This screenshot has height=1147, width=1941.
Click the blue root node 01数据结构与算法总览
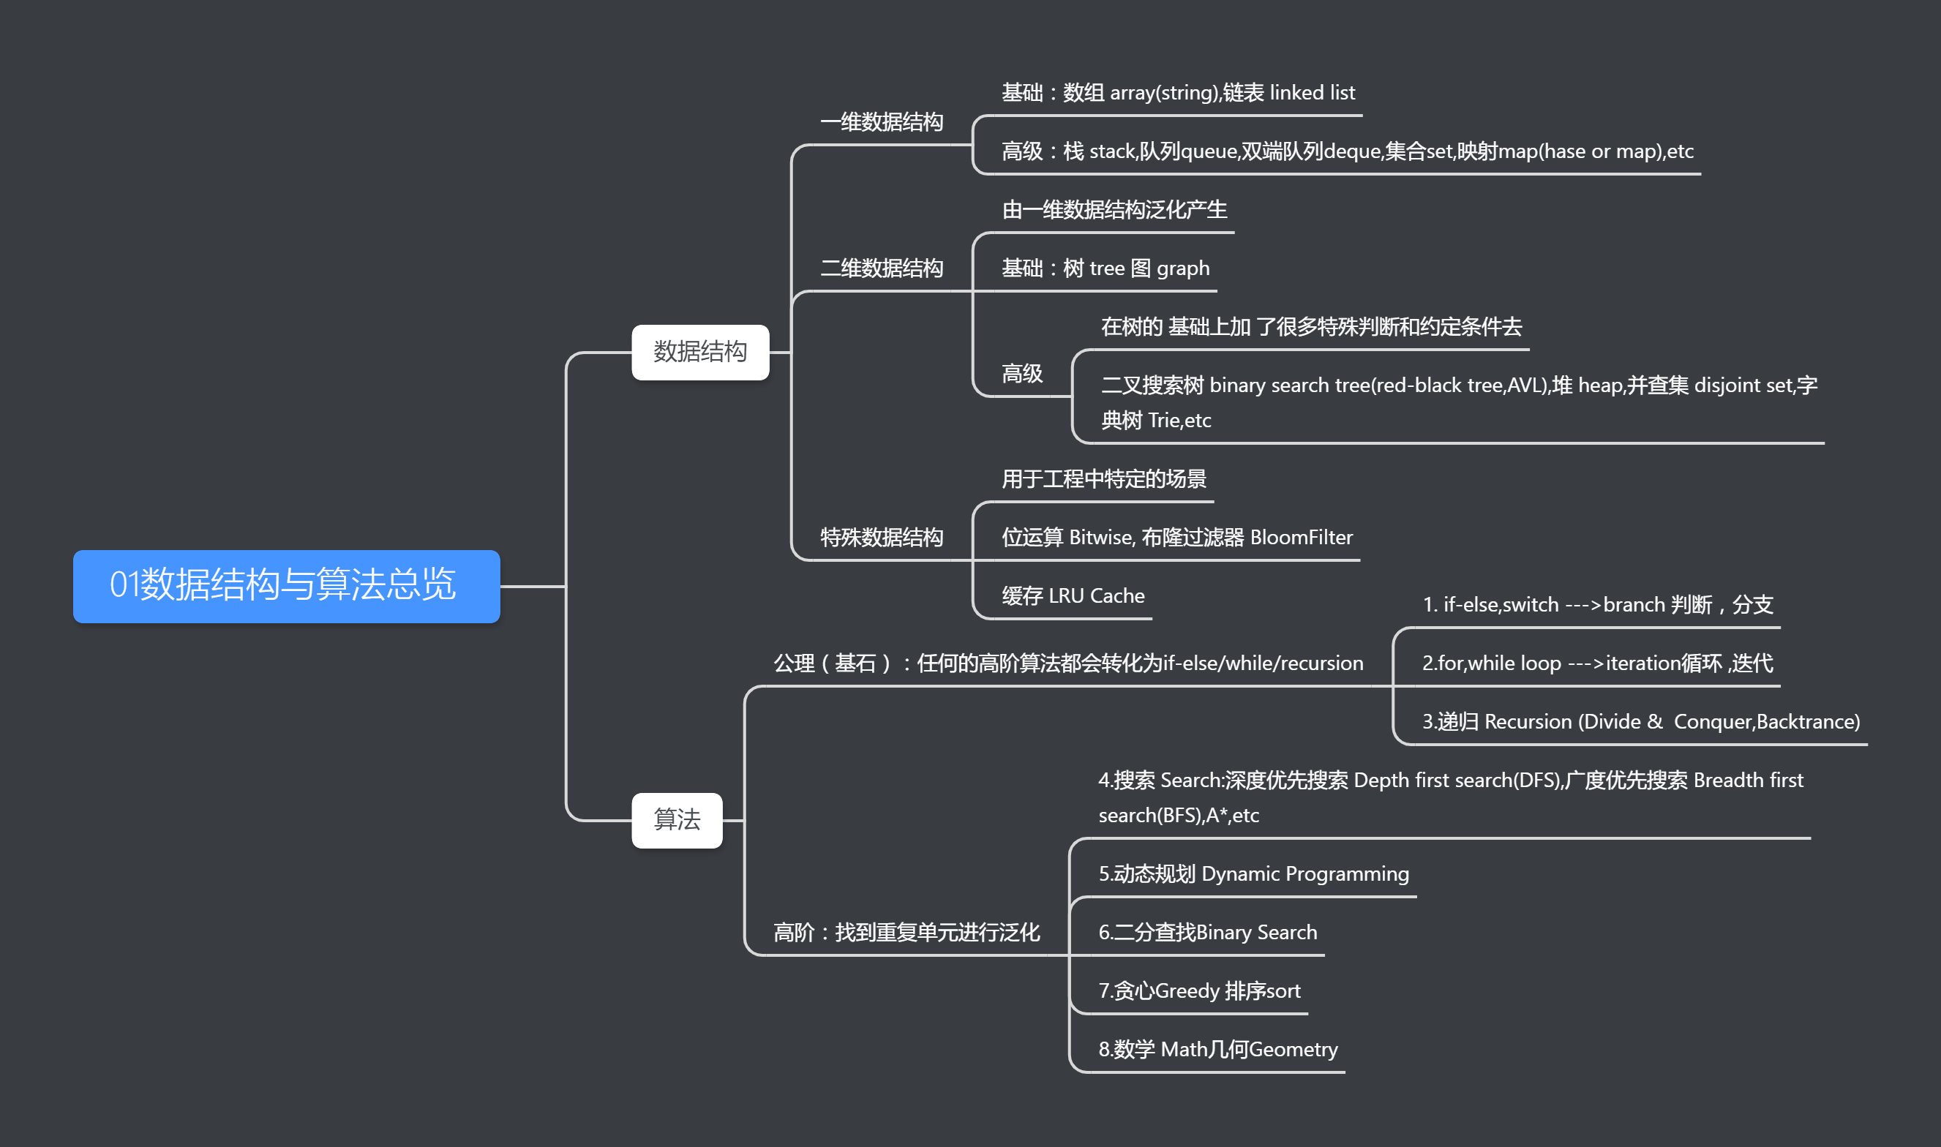(x=286, y=586)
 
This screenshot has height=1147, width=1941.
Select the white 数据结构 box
(x=699, y=353)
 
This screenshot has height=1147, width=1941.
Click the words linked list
(x=1312, y=93)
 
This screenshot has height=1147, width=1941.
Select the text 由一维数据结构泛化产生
(x=1114, y=209)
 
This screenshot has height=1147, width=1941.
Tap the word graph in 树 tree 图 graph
(x=1183, y=268)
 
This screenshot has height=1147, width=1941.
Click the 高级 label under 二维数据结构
(x=1022, y=374)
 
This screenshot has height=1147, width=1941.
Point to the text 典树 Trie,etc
(x=1156, y=421)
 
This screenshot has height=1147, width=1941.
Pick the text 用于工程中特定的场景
(x=1103, y=479)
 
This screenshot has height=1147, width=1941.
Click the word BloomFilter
(x=1301, y=537)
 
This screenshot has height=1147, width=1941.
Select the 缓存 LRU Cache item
(x=1073, y=596)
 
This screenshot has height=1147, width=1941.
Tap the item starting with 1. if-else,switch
(x=1597, y=604)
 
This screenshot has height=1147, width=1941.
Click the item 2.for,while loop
(x=1597, y=663)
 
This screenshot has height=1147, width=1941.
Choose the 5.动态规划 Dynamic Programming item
(x=1253, y=873)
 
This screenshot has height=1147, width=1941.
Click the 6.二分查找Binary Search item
(x=1207, y=932)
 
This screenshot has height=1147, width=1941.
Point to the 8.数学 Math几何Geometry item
(x=1217, y=1049)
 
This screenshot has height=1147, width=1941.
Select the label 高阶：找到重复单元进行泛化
(x=906, y=932)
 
